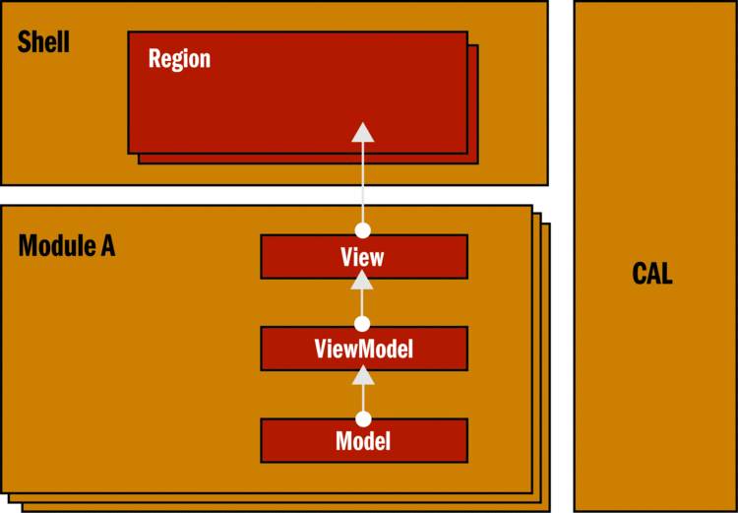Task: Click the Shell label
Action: [x=44, y=42]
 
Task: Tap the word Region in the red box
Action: [x=179, y=58]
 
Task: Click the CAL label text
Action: [x=652, y=274]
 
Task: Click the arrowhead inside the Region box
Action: [x=363, y=133]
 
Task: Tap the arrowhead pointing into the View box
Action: [x=363, y=280]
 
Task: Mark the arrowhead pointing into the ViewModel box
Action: [x=363, y=373]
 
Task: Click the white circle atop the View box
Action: [x=363, y=230]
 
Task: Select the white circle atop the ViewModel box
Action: [x=363, y=323]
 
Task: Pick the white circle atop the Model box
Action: [x=363, y=418]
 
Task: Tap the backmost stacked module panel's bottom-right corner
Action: [x=547, y=509]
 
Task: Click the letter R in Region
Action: [x=154, y=58]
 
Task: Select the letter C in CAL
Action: [x=639, y=274]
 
